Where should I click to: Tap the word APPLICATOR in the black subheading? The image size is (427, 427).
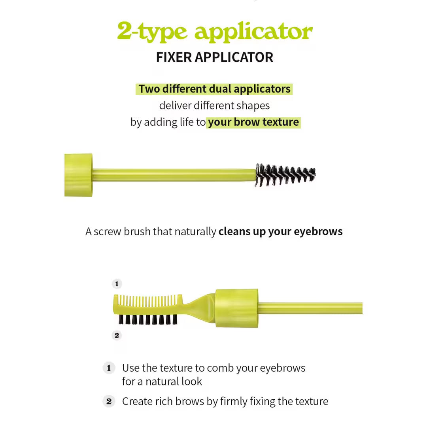[234, 57]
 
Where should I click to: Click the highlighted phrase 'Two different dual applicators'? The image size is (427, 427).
[214, 89]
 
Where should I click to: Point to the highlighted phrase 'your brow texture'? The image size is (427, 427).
[253, 122]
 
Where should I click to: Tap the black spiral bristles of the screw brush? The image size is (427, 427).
[285, 175]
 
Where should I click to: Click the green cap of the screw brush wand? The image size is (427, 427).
[78, 175]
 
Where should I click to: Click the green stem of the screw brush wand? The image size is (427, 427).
[174, 175]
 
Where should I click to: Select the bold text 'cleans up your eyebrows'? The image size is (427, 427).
[280, 231]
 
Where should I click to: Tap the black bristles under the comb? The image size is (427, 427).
[148, 319]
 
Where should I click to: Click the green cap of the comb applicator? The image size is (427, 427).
[237, 308]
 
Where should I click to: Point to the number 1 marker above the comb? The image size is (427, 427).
[117, 284]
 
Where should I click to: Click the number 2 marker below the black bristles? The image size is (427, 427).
[117, 335]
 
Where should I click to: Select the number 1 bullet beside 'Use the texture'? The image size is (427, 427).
[109, 368]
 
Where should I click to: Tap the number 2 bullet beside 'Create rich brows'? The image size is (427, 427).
[109, 401]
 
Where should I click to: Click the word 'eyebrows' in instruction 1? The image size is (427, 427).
[283, 368]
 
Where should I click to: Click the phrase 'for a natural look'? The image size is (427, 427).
[162, 382]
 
